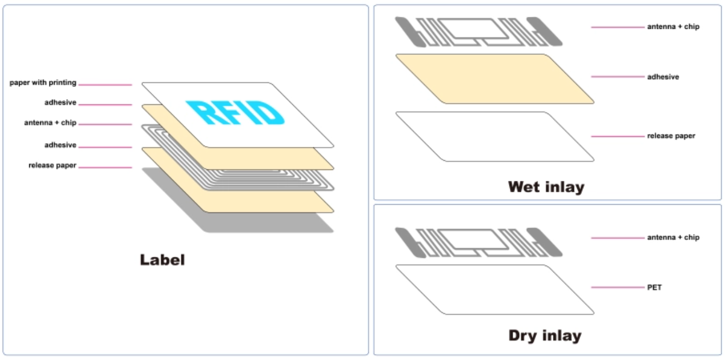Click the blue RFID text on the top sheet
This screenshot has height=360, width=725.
tap(235, 112)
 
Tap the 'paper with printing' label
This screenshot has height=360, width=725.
tap(43, 83)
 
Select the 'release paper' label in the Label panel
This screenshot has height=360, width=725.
tap(53, 166)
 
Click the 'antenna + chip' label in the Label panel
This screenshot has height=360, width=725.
tap(50, 123)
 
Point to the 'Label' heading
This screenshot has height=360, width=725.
tap(162, 260)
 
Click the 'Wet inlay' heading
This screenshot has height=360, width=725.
tap(546, 187)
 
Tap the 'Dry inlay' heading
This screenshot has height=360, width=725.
tap(545, 336)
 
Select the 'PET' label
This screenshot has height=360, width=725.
tap(654, 287)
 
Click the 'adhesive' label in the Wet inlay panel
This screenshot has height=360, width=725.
tap(663, 77)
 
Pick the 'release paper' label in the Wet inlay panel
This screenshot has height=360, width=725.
tap(671, 136)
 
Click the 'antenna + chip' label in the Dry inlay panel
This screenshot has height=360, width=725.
tap(673, 237)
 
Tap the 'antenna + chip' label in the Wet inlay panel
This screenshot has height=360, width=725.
tap(673, 27)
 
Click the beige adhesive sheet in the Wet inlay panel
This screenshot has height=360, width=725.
tap(495, 79)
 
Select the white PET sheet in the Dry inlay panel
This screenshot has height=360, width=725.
tap(495, 289)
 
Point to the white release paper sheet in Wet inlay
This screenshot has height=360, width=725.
tap(495, 137)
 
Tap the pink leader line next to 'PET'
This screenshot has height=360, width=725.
tap(617, 287)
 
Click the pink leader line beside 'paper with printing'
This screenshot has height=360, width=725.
tap(105, 85)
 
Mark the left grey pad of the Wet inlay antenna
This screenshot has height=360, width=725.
tap(410, 31)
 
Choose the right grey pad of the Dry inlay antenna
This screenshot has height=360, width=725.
tap(545, 242)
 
